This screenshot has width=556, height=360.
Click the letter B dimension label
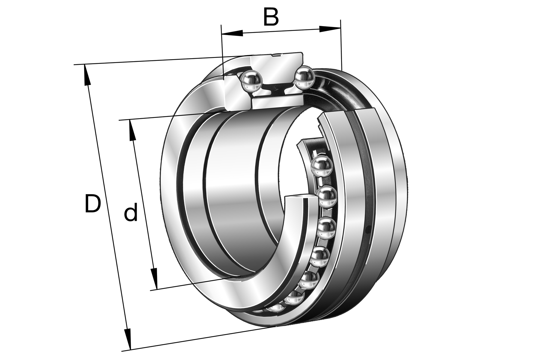click(x=271, y=17)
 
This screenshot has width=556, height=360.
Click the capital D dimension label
click(x=92, y=203)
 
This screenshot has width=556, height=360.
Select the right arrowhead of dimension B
click(x=330, y=29)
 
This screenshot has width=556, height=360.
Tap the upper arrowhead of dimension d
click(x=132, y=130)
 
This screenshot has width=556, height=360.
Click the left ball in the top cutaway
click(x=251, y=81)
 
